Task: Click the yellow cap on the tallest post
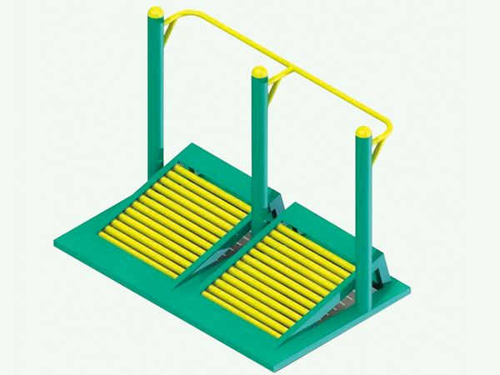tap(155, 12)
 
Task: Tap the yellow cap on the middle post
tap(260, 72)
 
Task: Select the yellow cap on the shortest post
tap(363, 132)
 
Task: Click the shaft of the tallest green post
tap(156, 92)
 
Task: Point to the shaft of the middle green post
tap(260, 142)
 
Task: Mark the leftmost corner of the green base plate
tap(55, 243)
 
